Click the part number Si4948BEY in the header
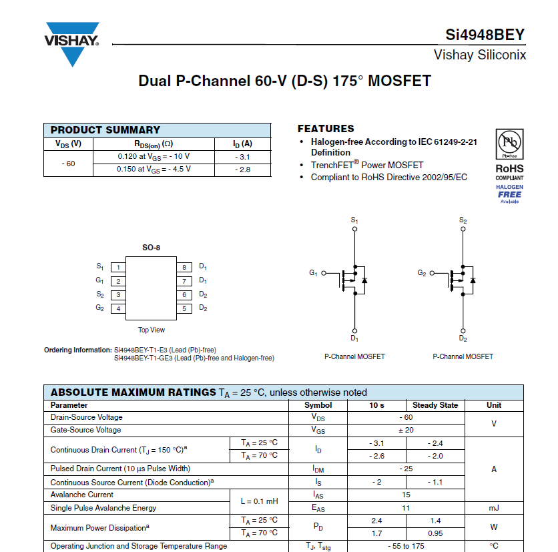coord(485,35)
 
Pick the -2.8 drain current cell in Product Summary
coord(242,169)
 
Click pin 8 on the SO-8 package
coord(185,267)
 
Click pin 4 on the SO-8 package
coord(118,308)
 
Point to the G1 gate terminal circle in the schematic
coord(324,273)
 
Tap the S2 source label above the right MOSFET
coord(463,220)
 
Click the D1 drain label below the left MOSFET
coord(354,338)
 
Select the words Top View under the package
coord(152,330)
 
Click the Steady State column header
coord(435,405)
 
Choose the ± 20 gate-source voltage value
coord(406,430)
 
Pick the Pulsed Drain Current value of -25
coord(406,469)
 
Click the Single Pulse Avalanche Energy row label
coord(103,507)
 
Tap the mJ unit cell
coord(494,507)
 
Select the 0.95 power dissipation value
coord(435,533)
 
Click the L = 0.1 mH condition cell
coord(259,501)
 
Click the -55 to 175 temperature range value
coord(406,546)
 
